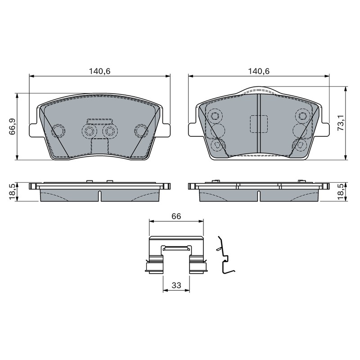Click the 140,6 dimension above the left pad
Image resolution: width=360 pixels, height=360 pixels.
[x=99, y=71]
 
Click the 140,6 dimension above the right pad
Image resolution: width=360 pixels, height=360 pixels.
[x=258, y=71]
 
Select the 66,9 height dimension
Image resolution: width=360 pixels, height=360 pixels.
[x=12, y=126]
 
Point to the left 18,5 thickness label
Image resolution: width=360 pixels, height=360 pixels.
[x=12, y=192]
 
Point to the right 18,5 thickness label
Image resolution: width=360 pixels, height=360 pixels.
[x=342, y=192]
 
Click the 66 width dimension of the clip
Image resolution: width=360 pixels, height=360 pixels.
[x=176, y=216]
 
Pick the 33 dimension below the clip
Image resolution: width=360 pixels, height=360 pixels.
[x=176, y=285]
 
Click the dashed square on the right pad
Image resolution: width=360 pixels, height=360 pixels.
[x=258, y=124]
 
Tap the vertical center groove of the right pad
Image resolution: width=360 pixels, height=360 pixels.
[x=258, y=123]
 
